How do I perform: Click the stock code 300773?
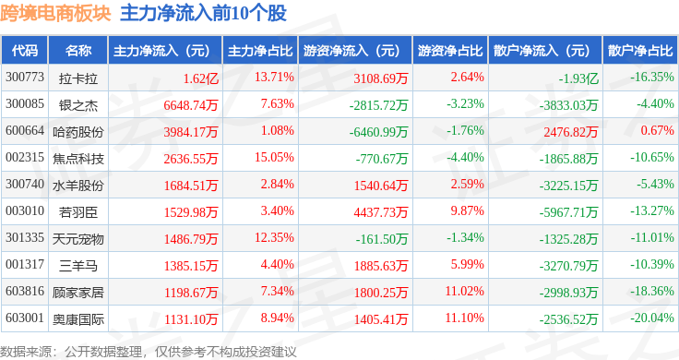(x=25, y=78)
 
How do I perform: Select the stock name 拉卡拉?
(x=78, y=78)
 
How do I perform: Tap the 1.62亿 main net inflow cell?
(x=200, y=78)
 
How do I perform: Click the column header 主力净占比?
(x=260, y=51)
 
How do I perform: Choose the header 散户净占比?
(x=640, y=51)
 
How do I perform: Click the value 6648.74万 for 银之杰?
(x=191, y=105)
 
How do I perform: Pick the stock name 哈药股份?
(x=78, y=132)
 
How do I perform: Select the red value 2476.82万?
(x=571, y=132)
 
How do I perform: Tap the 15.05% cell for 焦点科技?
(x=274, y=157)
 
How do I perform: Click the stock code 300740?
(x=25, y=184)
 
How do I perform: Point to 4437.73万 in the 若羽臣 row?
(x=381, y=212)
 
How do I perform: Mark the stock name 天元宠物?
(x=78, y=239)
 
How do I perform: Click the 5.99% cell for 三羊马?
(x=467, y=264)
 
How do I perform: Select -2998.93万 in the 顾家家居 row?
(x=568, y=293)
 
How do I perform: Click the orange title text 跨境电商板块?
(x=56, y=14)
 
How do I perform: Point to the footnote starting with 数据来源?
(x=149, y=352)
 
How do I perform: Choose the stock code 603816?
(x=25, y=291)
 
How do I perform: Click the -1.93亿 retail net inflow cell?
(x=578, y=78)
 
